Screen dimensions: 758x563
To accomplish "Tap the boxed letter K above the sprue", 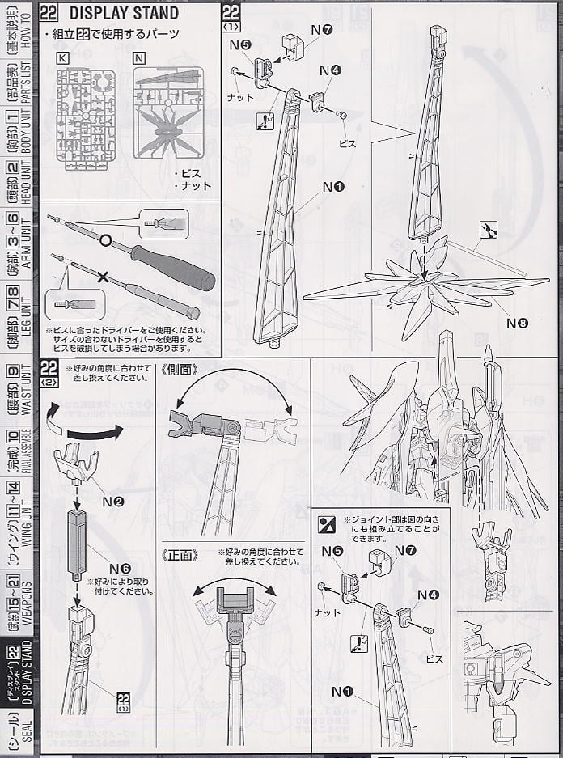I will point(62,58).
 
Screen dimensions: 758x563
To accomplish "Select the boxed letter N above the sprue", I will point(138,58).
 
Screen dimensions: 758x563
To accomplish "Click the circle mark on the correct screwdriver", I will point(105,240).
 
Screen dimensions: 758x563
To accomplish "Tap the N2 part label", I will point(114,502).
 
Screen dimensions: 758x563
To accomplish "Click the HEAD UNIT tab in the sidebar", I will point(14,182).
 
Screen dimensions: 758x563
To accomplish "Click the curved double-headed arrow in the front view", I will point(234,584).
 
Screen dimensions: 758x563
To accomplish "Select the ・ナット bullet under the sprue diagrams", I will point(192,185).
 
